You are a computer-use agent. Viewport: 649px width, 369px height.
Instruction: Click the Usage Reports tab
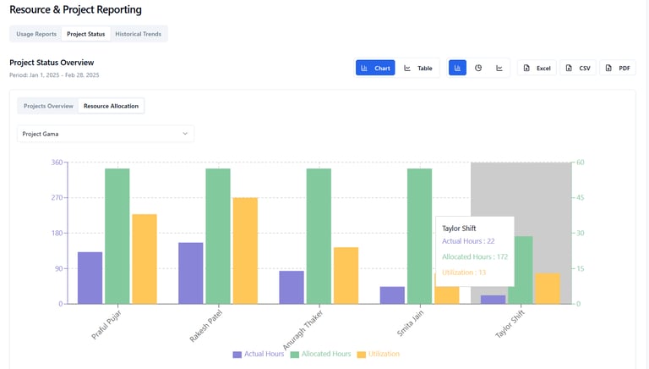click(x=36, y=34)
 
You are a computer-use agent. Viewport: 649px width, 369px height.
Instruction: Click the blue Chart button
click(x=375, y=68)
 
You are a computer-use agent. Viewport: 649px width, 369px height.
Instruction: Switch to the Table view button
click(x=417, y=68)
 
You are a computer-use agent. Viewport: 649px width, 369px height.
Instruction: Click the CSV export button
click(x=578, y=68)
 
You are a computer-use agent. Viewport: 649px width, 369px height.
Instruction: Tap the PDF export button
click(x=618, y=68)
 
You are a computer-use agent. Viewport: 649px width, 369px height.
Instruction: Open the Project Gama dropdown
click(x=106, y=134)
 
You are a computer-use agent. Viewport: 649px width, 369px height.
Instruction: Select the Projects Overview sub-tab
click(x=48, y=106)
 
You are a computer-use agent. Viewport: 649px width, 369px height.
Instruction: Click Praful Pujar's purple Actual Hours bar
click(x=90, y=278)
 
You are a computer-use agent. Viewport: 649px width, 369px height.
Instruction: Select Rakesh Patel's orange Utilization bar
click(x=245, y=251)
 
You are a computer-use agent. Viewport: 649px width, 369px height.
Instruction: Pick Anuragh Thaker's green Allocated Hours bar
click(x=319, y=236)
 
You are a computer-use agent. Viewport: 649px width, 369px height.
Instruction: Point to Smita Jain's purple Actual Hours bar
click(x=392, y=295)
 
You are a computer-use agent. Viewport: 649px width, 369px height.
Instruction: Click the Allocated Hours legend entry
click(x=320, y=354)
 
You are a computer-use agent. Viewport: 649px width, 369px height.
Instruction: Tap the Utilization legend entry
click(x=378, y=354)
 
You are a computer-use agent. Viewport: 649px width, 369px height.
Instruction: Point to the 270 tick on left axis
click(x=57, y=198)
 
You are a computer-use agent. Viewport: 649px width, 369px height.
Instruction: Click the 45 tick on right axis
click(x=581, y=198)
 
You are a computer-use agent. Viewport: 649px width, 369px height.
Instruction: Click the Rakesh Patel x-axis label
click(x=205, y=322)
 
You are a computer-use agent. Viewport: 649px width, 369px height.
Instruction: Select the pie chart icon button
click(x=478, y=68)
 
